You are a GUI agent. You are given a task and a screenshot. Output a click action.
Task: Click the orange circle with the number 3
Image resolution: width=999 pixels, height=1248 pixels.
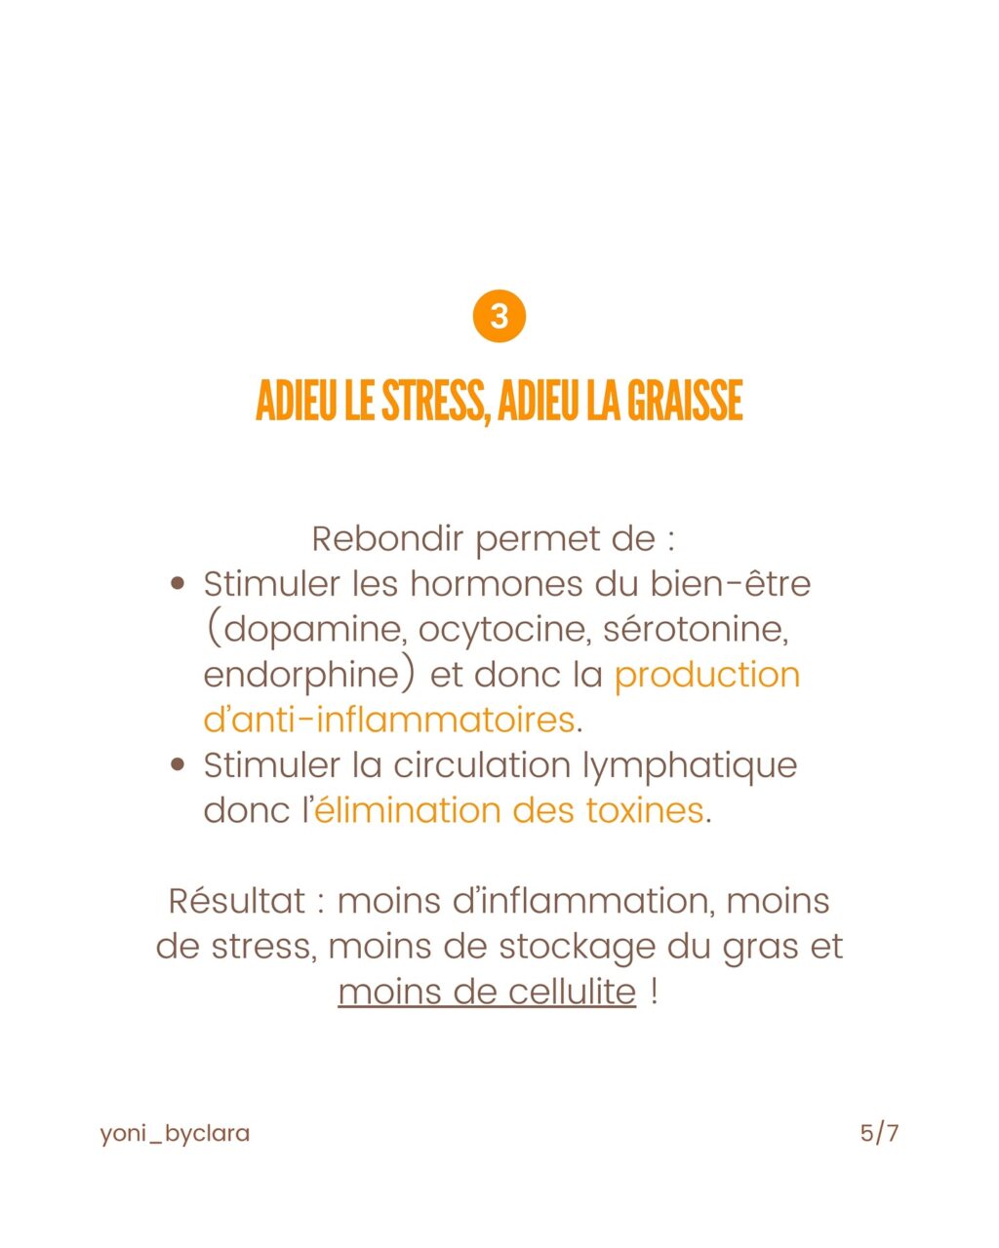tap(499, 317)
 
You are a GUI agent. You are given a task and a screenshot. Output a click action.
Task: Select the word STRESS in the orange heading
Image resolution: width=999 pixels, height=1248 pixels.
tap(430, 401)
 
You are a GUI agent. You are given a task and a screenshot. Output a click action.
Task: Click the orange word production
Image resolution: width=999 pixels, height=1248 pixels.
tap(707, 675)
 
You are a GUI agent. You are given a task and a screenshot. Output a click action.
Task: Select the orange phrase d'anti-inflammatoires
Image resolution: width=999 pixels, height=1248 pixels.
tap(388, 720)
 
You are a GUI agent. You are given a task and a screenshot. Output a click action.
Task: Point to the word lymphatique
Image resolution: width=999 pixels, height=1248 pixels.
tap(690, 765)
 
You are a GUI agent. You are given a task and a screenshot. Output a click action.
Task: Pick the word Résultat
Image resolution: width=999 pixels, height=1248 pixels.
tap(237, 901)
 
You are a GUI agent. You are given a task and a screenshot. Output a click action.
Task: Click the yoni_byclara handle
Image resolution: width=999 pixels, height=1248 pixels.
tap(175, 1134)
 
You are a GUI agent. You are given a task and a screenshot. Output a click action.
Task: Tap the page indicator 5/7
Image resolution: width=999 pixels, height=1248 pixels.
tap(879, 1133)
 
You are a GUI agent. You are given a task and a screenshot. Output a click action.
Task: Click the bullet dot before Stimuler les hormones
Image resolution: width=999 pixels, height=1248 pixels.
tap(178, 584)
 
